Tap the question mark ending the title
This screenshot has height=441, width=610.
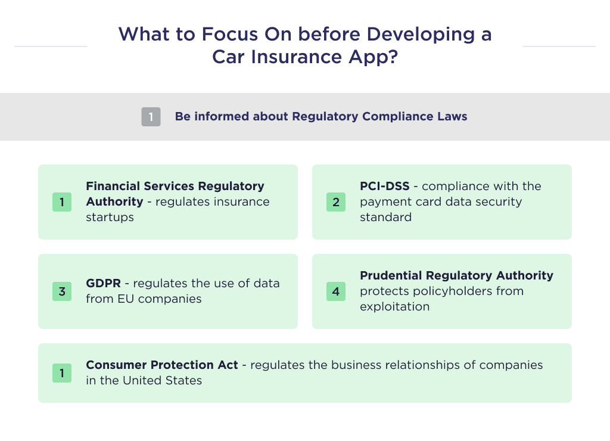tap(392, 57)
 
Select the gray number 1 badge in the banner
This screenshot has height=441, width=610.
tap(151, 117)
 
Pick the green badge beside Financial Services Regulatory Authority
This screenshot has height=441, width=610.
tap(62, 202)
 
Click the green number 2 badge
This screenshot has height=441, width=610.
tap(336, 202)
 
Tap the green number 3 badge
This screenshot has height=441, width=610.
tap(62, 291)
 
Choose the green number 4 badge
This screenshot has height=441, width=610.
tap(336, 291)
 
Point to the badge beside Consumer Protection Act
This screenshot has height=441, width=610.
tap(62, 373)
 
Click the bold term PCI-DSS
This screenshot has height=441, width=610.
tap(384, 187)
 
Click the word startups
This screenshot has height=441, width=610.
tap(110, 218)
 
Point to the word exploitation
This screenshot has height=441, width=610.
tap(394, 307)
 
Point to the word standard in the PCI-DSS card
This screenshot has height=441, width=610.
tap(385, 218)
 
